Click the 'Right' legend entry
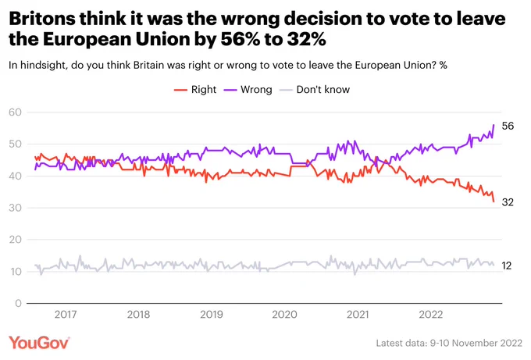(195, 89)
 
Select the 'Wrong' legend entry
(248, 89)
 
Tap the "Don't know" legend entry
(315, 89)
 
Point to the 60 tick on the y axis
(16, 112)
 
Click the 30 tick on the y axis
(16, 208)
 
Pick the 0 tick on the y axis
(18, 303)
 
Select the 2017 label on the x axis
(66, 314)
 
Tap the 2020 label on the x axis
(284, 314)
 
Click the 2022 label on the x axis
(431, 314)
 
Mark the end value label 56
(508, 126)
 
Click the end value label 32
(508, 202)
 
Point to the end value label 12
(507, 266)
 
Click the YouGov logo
(39, 343)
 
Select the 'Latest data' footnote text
(449, 343)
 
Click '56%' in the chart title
(240, 39)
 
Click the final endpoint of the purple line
(494, 125)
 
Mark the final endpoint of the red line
(494, 201)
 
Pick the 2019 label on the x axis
(212, 314)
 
